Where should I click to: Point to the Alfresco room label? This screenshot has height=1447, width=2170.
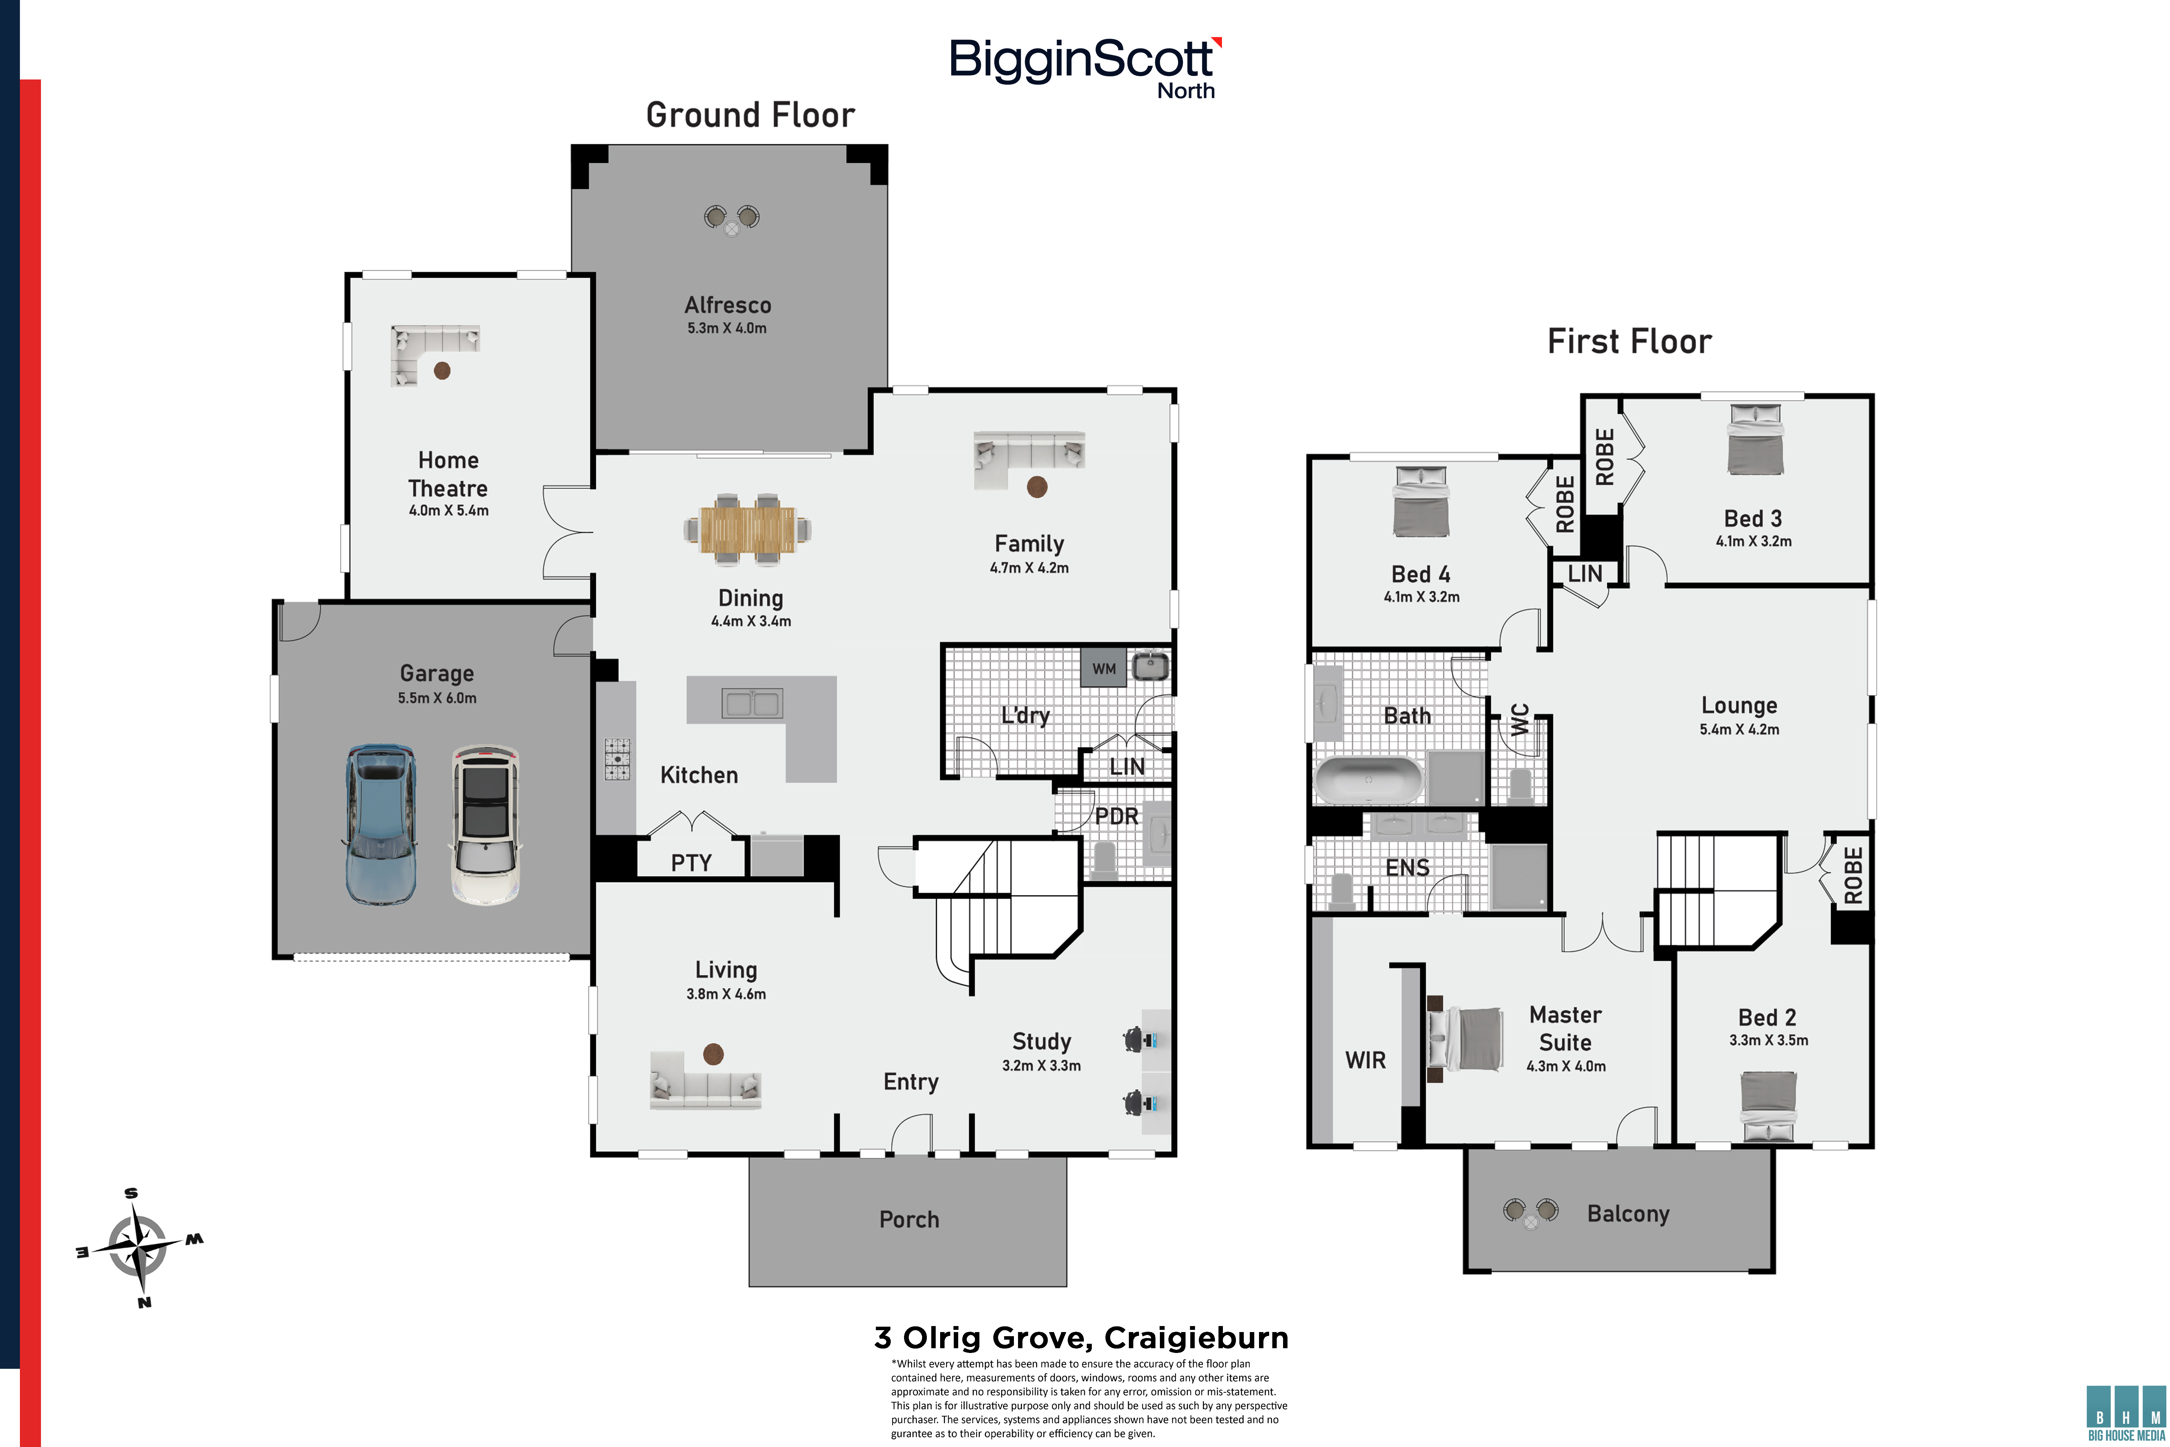[x=727, y=305]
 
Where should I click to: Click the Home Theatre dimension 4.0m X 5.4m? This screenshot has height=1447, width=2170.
[x=448, y=510]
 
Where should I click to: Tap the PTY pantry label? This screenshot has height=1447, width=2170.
[x=691, y=863]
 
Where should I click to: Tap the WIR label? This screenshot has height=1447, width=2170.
[x=1365, y=1060]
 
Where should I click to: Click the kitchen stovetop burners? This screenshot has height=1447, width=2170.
[x=617, y=759]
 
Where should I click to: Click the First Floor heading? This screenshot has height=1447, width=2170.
[x=1629, y=341]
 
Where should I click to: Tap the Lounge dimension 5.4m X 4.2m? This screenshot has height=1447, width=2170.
[x=1739, y=729]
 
